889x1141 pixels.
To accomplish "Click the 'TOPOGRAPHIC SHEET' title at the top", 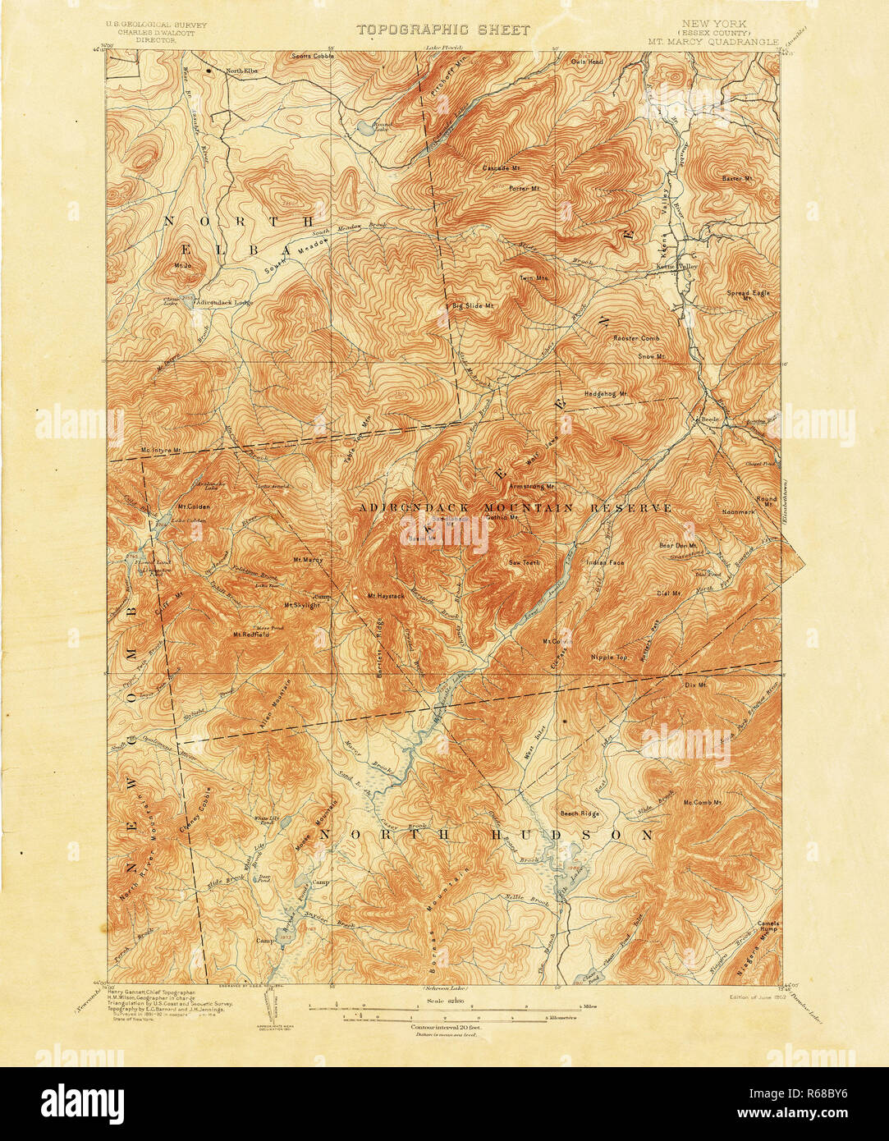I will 442,30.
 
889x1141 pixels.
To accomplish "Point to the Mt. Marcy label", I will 308,560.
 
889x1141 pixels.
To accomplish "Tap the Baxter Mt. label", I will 736,178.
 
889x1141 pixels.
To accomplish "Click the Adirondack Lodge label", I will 223,302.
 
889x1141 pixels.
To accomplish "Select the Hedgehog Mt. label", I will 606,393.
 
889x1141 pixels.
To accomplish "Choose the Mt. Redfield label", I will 252,634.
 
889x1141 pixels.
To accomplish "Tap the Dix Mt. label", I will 695,683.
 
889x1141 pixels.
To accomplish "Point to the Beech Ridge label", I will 579,813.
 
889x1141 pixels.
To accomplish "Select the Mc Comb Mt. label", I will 702,802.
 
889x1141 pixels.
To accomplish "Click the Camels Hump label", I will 768,927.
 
